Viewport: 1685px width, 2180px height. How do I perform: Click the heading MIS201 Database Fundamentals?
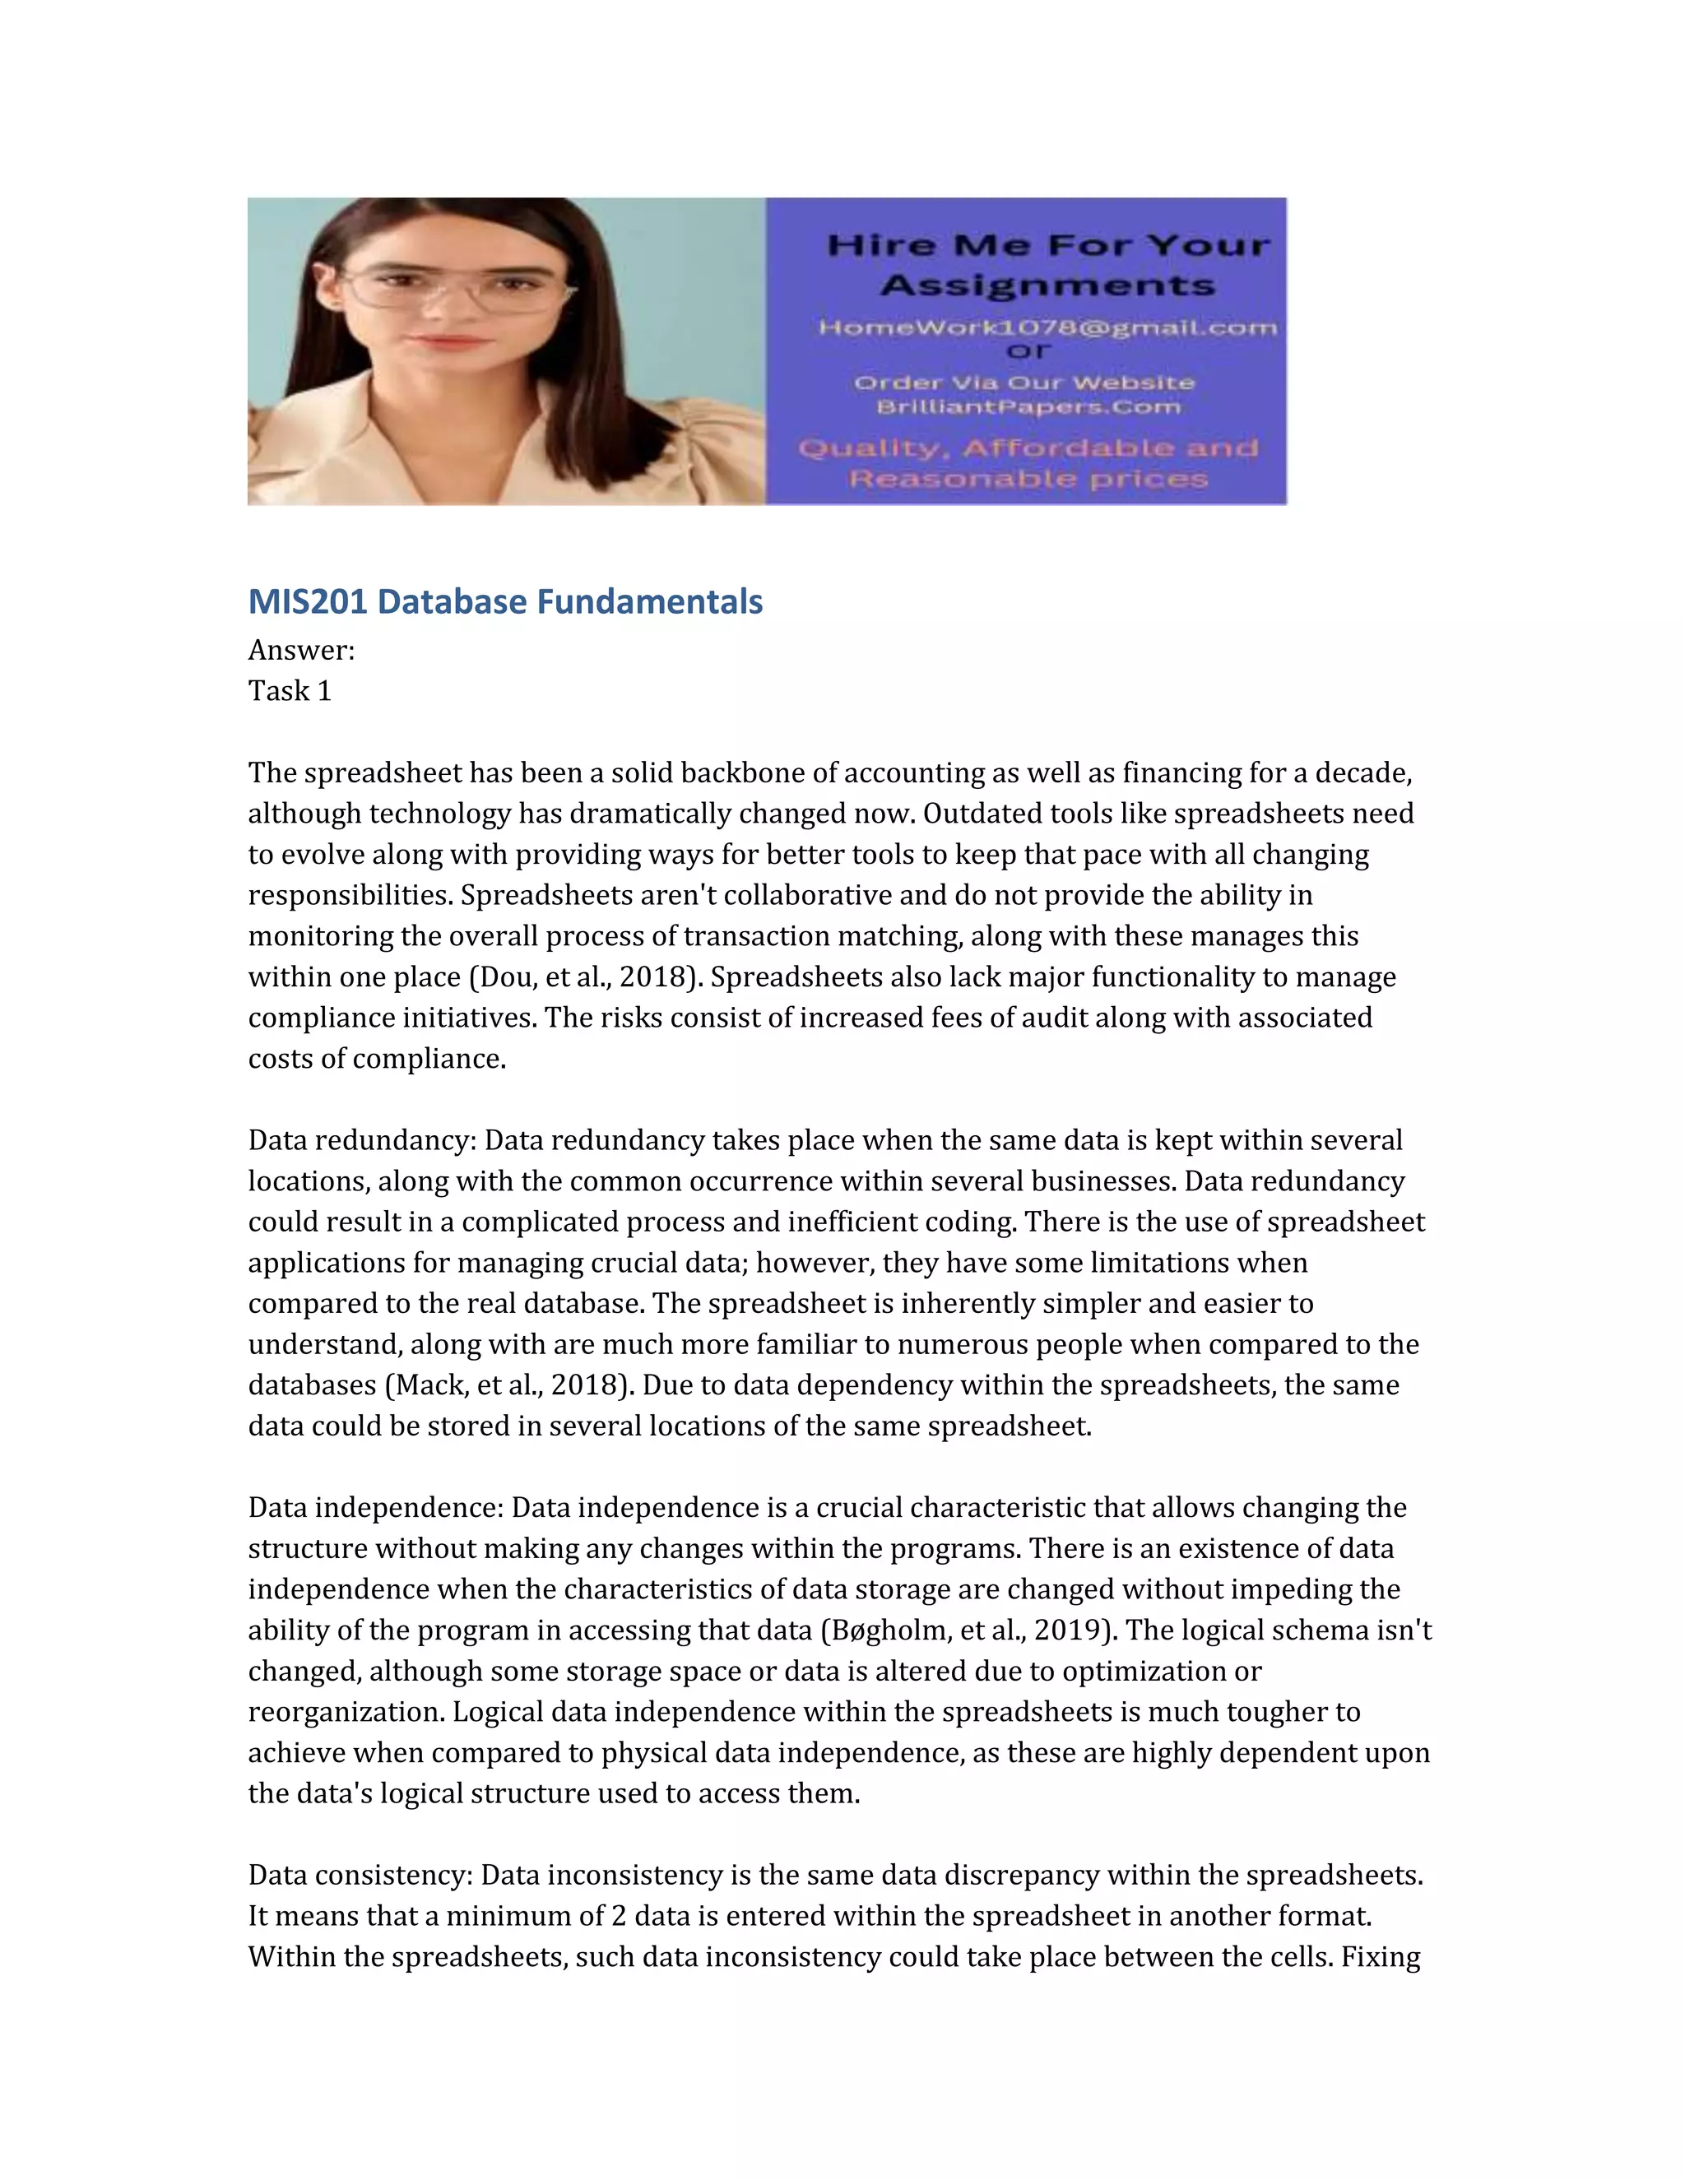[x=505, y=602]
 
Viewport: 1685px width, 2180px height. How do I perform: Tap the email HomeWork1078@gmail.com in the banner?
[x=1047, y=327]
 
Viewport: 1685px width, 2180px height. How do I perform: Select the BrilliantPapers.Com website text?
[x=1028, y=407]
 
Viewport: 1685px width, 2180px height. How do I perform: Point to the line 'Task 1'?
[x=290, y=691]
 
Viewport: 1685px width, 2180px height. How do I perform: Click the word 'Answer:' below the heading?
[x=301, y=650]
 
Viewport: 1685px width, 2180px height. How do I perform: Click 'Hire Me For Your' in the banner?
[x=1048, y=244]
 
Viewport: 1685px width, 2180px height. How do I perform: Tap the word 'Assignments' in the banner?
[x=1048, y=285]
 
